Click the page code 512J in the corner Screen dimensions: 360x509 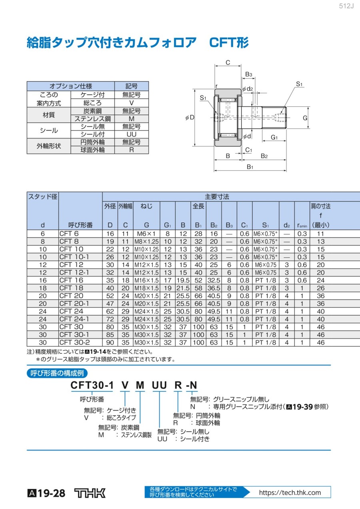click(x=346, y=6)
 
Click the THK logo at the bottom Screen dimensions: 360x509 click(x=90, y=493)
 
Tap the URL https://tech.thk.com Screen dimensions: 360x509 click(x=290, y=493)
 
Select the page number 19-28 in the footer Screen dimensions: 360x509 click(x=51, y=493)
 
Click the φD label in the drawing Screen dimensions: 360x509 click(x=190, y=118)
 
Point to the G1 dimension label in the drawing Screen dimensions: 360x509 click(x=274, y=137)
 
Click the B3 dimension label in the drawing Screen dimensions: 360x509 click(x=249, y=74)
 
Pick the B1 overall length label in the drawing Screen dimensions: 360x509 click(x=250, y=167)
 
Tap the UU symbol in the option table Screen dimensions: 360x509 click(x=132, y=134)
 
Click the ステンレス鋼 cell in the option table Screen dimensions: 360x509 click(x=92, y=119)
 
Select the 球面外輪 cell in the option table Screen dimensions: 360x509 click(x=92, y=150)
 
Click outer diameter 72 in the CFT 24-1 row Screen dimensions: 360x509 click(x=110, y=319)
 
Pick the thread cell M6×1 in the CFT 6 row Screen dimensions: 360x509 click(x=146, y=234)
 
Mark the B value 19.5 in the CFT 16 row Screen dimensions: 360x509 click(x=183, y=280)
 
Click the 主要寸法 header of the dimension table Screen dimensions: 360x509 click(x=217, y=196)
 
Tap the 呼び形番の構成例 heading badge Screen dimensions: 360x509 click(x=57, y=373)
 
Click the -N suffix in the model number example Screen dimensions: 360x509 click(x=192, y=385)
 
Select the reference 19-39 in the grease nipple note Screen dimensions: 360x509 click(x=302, y=407)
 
